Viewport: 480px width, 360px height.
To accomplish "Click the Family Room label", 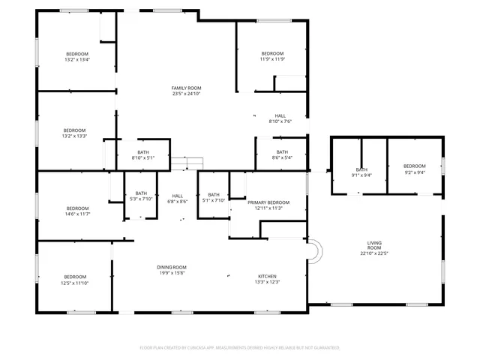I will coord(187,88).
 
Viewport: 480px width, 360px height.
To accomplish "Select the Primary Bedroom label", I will coord(268,202).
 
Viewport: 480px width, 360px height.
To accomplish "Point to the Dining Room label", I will coord(171,268).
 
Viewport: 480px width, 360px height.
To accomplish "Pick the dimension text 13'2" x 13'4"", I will coord(76,60).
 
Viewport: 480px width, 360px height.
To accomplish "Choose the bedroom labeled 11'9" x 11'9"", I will coord(272,56).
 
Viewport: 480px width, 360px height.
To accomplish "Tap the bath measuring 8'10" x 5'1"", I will coord(142,155).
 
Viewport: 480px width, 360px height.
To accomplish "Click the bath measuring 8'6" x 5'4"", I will coord(282,154).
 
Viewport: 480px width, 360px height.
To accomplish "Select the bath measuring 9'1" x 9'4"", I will coord(361,172).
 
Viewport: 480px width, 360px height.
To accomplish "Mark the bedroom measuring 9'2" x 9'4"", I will coord(414,169).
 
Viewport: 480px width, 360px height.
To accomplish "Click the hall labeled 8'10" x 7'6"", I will coord(280,118).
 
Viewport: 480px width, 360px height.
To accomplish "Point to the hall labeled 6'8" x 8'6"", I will coord(177,199).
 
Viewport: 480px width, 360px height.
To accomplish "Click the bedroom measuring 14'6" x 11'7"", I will coord(76,211).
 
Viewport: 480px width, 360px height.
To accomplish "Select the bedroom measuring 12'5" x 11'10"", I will coord(75,280).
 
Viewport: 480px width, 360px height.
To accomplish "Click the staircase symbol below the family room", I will coord(187,164).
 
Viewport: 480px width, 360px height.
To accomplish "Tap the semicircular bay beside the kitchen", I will coord(315,252).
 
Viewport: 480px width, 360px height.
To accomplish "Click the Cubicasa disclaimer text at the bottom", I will coord(240,348).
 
